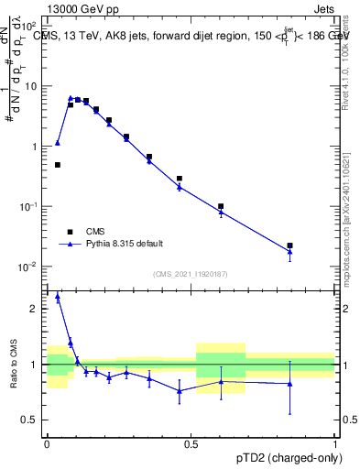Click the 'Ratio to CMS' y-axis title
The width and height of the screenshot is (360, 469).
(12, 365)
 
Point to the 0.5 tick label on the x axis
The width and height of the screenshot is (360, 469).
(191, 443)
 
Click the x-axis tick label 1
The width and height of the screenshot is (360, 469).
(335, 443)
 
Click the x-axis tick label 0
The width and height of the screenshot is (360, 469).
(47, 443)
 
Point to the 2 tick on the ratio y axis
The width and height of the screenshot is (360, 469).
(35, 309)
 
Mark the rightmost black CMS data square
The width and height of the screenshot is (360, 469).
(289, 245)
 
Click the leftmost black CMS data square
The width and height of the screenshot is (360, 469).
(58, 165)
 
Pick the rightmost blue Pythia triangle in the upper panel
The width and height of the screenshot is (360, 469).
(289, 251)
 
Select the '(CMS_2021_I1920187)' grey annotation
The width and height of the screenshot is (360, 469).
(190, 274)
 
